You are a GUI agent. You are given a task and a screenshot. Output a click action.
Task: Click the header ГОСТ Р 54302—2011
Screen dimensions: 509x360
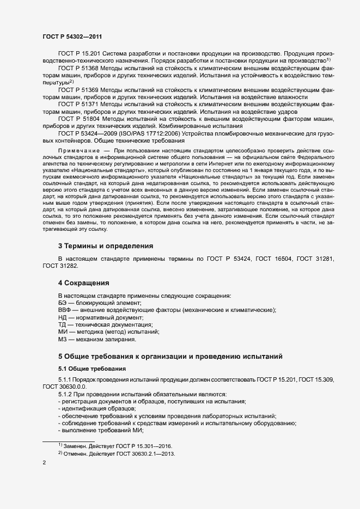tap(72, 36)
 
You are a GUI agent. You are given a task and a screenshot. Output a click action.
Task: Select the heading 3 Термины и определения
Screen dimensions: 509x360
tap(98, 246)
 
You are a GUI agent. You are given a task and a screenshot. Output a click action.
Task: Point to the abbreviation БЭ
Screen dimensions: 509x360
tap(63, 303)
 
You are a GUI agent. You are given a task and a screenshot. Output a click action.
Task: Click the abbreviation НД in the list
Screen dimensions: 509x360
tap(63, 317)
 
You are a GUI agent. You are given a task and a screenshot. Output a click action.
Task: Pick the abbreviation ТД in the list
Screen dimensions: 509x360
tap(63, 324)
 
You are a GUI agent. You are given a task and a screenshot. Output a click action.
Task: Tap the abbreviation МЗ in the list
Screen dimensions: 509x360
tap(63, 339)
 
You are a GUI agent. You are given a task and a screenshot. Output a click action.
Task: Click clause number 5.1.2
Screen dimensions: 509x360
tap(65, 394)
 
